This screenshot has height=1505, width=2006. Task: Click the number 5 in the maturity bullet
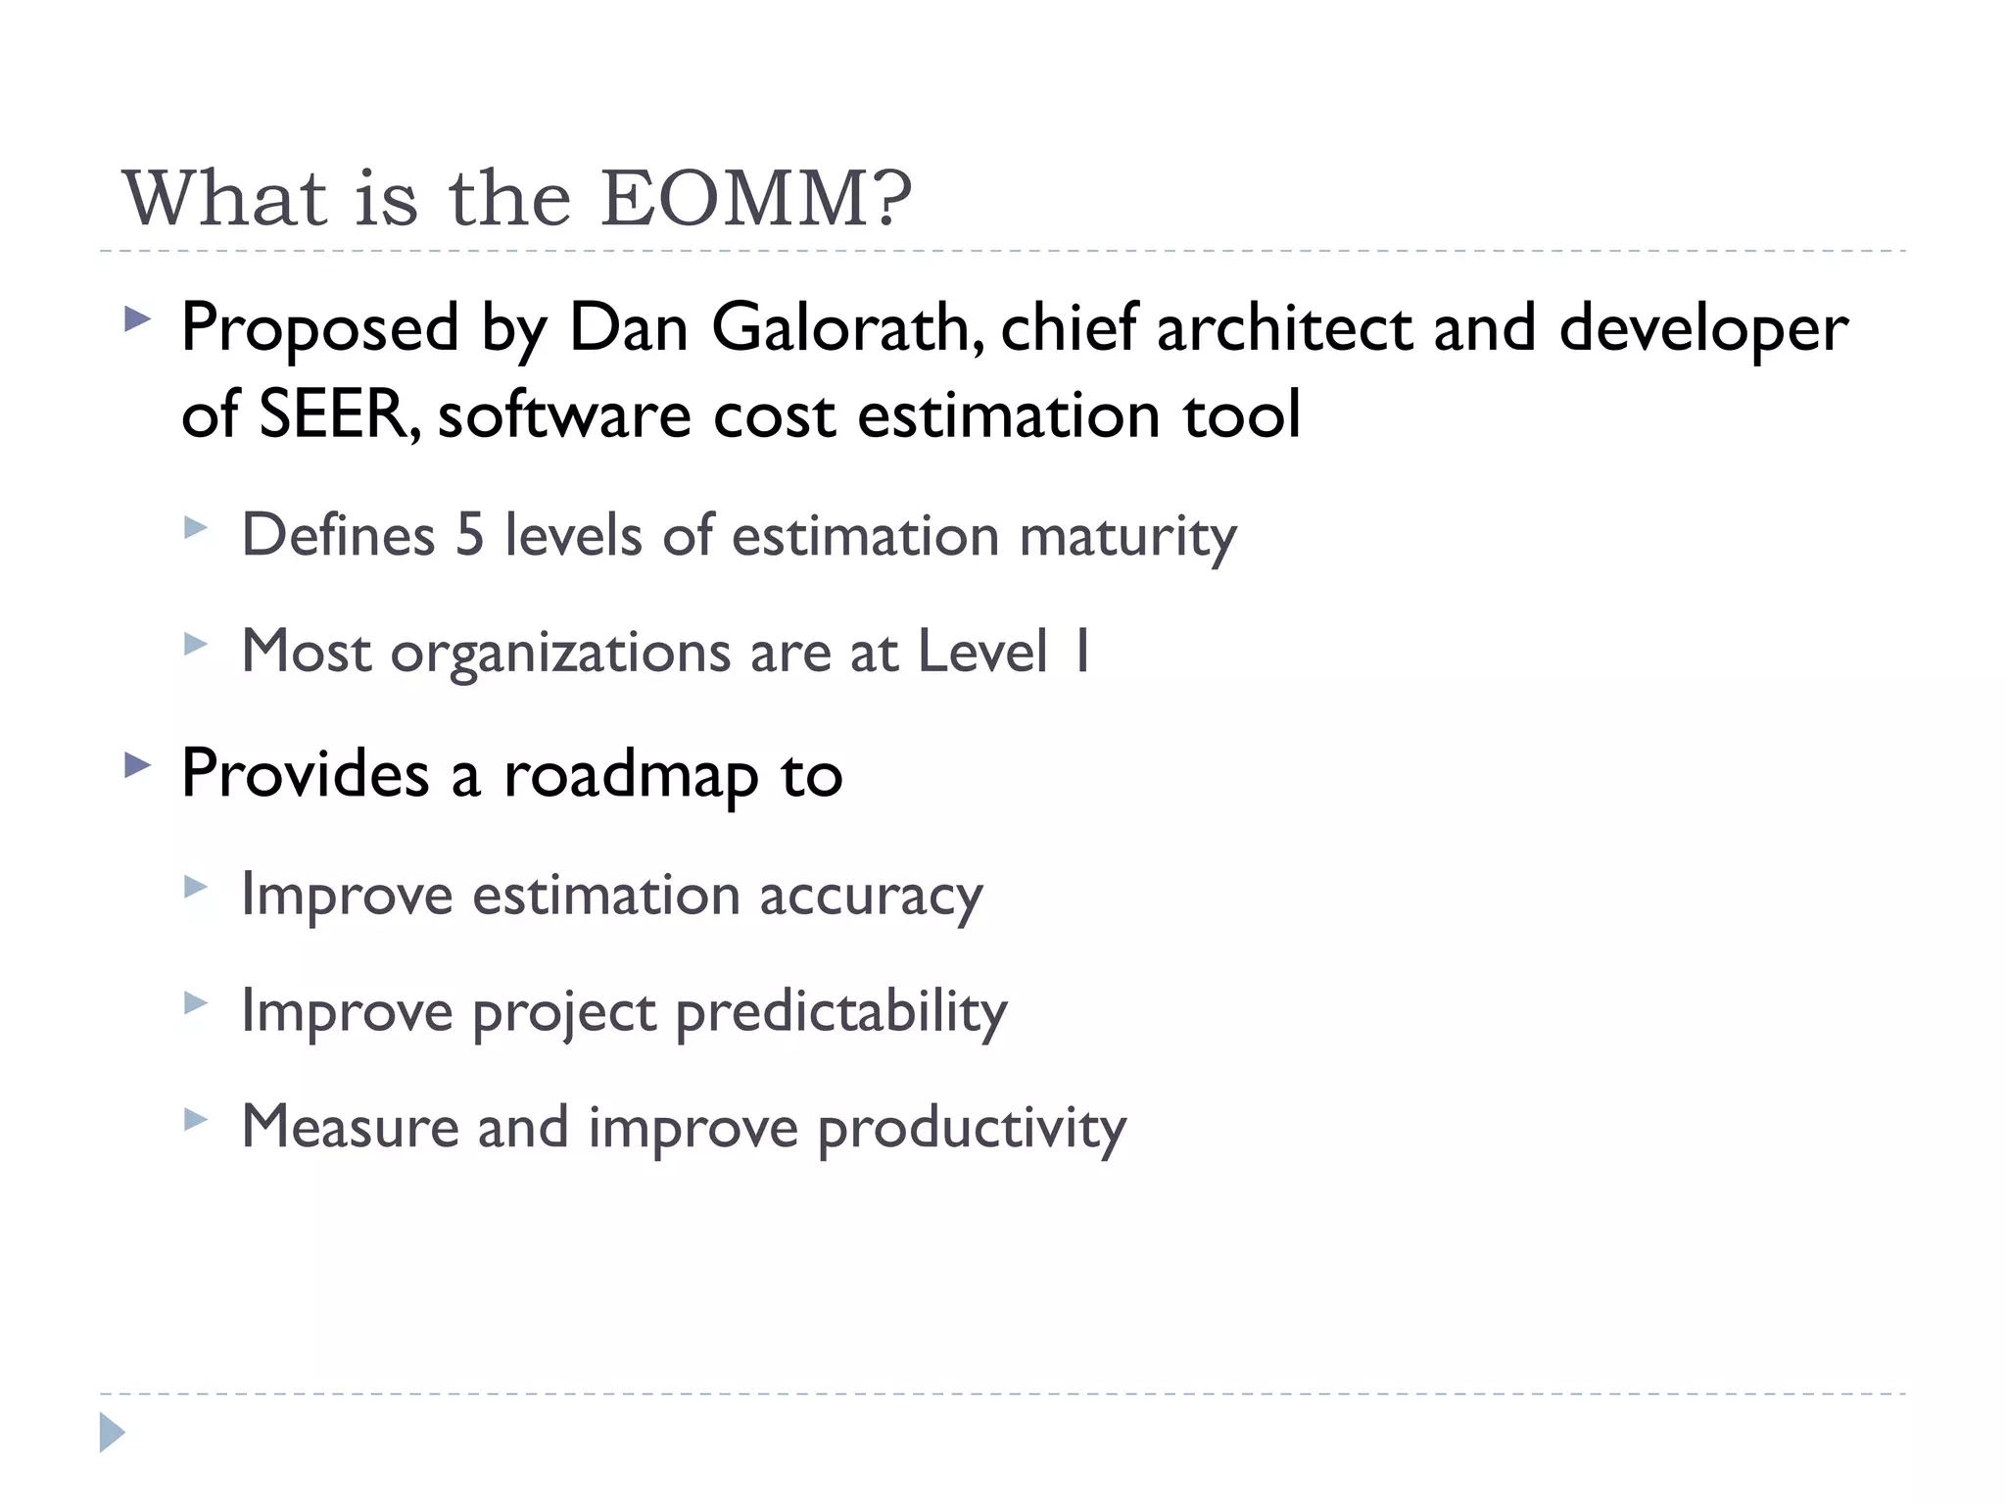pos(470,535)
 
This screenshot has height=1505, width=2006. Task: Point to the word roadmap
pos(631,774)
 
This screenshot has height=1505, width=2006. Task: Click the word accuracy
pos(871,896)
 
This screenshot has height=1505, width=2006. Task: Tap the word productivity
pos(972,1127)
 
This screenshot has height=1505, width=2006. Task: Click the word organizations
pos(560,652)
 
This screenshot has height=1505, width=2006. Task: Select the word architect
pos(1284,327)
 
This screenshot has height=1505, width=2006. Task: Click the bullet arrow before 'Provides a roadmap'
pos(138,764)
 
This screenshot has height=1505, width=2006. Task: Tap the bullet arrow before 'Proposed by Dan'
pos(138,318)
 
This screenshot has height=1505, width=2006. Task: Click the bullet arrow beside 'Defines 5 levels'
pos(196,529)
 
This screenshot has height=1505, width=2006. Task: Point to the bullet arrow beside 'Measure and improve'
pos(196,1119)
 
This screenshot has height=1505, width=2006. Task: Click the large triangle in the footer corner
pos(112,1432)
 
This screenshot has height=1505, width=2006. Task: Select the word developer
pos(1702,329)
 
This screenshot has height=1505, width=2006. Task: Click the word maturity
pos(1127,537)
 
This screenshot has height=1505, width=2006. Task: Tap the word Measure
pos(350,1127)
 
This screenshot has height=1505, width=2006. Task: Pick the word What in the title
pos(224,199)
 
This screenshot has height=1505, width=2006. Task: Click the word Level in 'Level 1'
pos(982,652)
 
